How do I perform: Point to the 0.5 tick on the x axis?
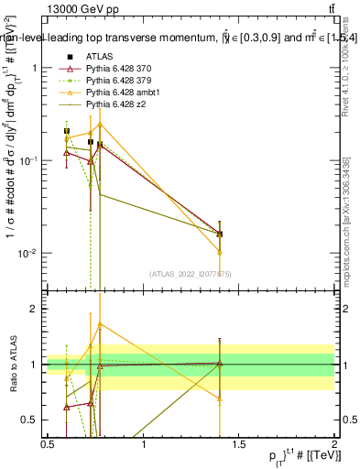point(49,444)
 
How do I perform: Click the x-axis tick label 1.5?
point(238,444)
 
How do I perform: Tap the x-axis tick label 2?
point(333,444)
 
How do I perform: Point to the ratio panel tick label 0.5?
point(33,420)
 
